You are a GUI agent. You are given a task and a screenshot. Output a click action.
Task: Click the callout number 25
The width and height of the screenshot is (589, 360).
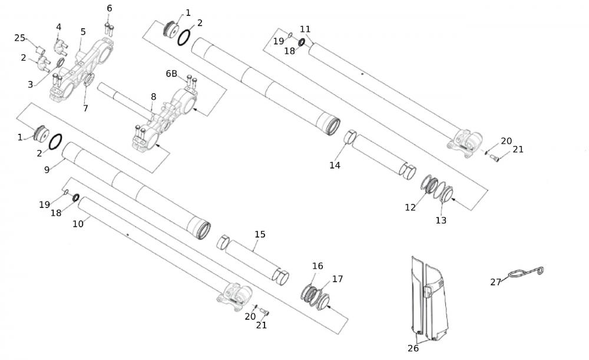20,38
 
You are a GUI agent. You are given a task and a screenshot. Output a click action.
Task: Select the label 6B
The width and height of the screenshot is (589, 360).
171,74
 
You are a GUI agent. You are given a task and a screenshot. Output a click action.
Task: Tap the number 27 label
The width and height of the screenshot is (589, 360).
495,282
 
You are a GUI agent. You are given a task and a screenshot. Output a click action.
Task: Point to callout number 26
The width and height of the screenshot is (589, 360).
413,348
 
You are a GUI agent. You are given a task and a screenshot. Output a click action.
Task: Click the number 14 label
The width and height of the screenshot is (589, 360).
335,166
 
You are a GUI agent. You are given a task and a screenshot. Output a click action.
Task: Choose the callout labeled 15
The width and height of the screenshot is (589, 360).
260,235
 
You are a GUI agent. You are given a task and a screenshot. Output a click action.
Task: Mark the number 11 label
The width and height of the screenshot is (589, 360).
305,29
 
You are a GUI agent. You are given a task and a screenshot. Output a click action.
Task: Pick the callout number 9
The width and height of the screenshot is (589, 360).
47,169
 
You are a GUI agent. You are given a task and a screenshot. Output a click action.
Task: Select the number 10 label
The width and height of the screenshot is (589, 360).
78,224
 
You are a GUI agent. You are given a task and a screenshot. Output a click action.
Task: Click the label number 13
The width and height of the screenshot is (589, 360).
441,220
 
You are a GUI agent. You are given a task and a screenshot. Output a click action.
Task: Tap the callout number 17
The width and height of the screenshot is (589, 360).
337,279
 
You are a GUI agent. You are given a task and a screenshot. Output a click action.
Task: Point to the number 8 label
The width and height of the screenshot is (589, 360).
153,96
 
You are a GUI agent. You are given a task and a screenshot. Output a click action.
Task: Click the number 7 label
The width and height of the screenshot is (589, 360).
85,108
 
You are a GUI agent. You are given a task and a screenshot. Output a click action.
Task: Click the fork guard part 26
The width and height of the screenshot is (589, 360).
429,300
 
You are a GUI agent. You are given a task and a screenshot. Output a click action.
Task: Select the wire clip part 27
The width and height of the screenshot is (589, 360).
524,272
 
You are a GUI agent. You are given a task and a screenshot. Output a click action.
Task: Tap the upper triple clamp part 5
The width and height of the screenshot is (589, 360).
88,65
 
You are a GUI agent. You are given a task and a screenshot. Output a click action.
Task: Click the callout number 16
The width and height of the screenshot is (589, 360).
317,266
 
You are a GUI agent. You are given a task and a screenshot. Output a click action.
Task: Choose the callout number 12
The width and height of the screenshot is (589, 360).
411,207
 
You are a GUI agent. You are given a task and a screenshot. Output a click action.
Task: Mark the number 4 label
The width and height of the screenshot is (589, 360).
58,27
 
